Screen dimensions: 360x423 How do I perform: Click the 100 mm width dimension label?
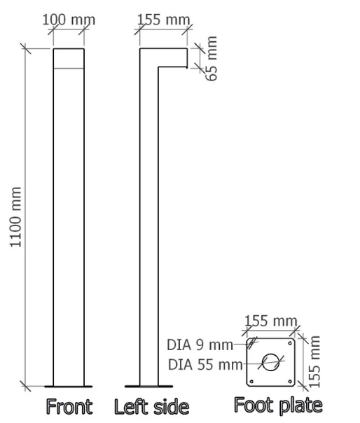(69, 20)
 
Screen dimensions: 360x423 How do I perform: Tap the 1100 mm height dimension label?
(15, 217)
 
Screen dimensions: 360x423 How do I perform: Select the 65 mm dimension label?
(212, 58)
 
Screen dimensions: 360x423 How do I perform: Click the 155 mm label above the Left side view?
(163, 20)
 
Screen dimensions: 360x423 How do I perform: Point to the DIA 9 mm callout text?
(200, 345)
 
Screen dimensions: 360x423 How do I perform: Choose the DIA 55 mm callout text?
(205, 364)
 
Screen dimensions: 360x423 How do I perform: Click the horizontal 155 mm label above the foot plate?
(270, 321)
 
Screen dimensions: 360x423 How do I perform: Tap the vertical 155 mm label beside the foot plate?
(314, 361)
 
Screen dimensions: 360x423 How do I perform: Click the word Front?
(69, 407)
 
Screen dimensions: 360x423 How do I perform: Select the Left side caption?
(152, 407)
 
